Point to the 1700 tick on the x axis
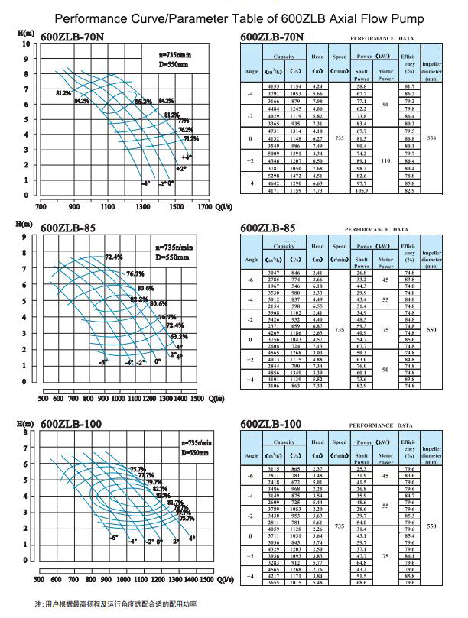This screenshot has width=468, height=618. click(x=204, y=206)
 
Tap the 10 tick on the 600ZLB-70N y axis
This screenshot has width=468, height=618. click(x=25, y=44)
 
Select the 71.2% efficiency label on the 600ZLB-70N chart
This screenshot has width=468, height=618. click(x=190, y=138)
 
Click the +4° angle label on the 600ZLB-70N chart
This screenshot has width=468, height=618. click(x=187, y=157)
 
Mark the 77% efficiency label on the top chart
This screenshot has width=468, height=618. click(x=183, y=121)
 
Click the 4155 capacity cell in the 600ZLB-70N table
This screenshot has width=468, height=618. click(x=275, y=86)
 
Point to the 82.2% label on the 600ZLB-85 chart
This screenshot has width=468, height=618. click(x=138, y=299)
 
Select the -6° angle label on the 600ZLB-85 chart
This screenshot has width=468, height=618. click(x=103, y=361)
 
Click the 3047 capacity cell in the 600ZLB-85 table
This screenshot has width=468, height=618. click(x=275, y=272)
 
